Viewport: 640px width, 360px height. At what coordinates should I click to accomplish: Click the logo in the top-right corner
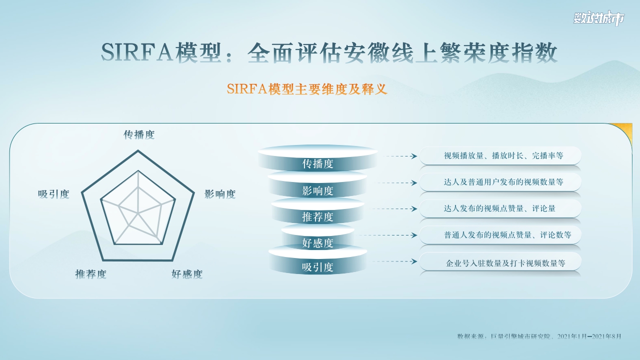click(x=599, y=19)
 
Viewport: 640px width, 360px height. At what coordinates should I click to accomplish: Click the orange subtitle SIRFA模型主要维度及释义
click(x=307, y=89)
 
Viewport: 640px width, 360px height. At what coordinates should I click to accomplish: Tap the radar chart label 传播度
click(x=139, y=135)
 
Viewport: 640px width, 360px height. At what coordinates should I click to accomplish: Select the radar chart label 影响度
click(x=220, y=194)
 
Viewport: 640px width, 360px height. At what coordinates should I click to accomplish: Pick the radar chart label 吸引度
click(x=53, y=194)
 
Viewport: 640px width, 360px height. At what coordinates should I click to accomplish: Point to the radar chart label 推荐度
click(x=90, y=274)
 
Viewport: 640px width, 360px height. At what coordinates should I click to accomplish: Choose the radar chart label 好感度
click(x=187, y=274)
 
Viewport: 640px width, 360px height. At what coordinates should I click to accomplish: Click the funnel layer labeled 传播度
click(x=318, y=163)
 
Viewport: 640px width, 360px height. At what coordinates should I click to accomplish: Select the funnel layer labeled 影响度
click(x=318, y=190)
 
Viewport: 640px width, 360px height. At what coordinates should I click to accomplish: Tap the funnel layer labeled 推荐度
click(x=318, y=217)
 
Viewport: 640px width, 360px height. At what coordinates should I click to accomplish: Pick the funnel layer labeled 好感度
click(x=318, y=243)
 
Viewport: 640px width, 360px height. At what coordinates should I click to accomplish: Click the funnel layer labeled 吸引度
click(x=318, y=267)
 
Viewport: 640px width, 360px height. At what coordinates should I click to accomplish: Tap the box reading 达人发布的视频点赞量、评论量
click(x=500, y=208)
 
